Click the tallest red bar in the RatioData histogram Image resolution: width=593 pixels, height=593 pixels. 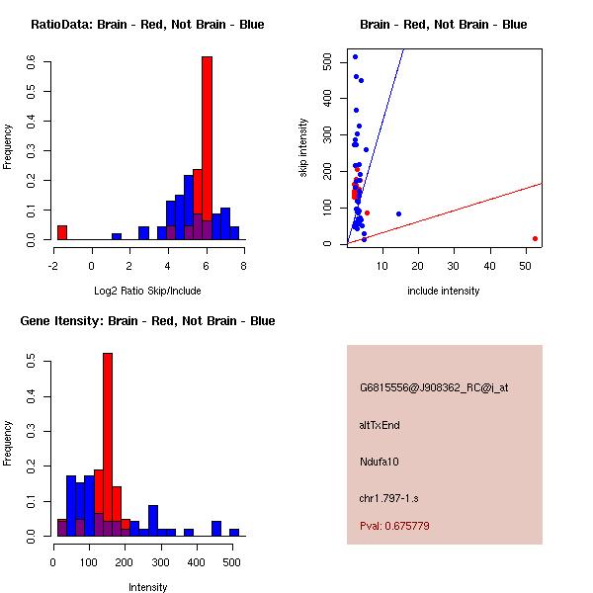click(207, 148)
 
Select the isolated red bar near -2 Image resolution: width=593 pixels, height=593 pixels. click(62, 233)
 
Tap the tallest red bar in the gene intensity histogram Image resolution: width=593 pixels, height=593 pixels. click(108, 445)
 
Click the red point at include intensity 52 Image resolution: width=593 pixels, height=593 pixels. click(535, 238)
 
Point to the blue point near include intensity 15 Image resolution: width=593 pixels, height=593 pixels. click(398, 213)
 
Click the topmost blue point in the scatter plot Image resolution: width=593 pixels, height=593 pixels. click(355, 56)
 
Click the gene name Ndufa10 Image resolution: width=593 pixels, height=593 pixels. click(380, 462)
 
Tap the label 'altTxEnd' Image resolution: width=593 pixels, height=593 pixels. click(380, 425)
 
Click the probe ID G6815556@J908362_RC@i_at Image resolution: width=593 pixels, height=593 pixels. click(434, 388)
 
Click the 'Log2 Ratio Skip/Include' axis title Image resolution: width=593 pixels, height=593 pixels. click(147, 291)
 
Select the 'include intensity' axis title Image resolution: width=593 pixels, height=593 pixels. click(443, 291)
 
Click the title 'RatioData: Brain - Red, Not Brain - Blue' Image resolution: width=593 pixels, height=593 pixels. click(147, 25)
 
